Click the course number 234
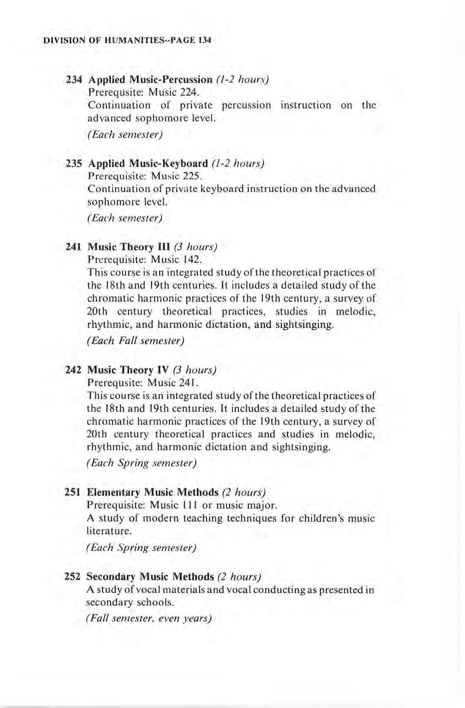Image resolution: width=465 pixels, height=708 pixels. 74,80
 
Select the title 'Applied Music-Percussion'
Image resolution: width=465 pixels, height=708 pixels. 150,80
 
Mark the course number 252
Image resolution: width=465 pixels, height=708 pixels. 74,576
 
